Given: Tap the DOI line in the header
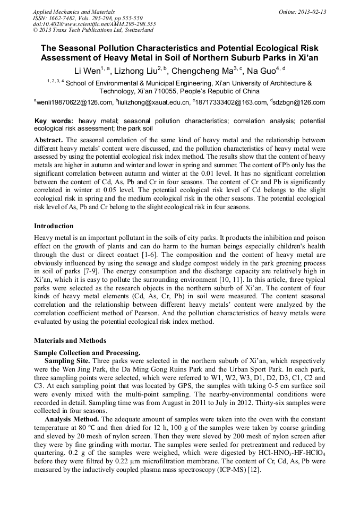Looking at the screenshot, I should coord(94,24).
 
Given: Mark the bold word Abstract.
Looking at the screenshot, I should coord(48,140).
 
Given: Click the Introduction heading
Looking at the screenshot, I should coord(54,226).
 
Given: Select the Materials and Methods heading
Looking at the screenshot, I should coord(70,340).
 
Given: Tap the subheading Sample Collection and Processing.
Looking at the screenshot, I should coord(87,353).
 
